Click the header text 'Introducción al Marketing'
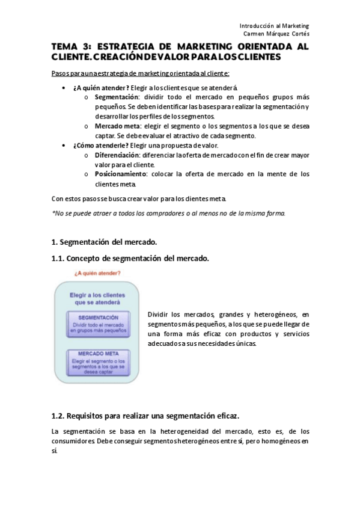273,26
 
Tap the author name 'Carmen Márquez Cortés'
271,34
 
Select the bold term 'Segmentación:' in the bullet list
117,97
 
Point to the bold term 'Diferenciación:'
119,155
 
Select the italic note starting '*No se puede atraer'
169,212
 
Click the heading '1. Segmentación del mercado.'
104,242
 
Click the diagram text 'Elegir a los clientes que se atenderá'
97,299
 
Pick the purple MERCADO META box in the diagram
97,363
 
